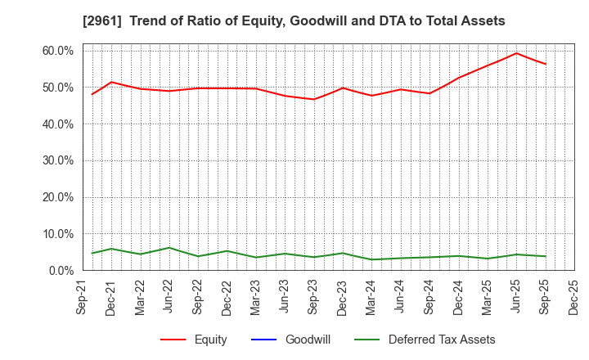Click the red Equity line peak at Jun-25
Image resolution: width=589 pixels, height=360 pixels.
(x=516, y=53)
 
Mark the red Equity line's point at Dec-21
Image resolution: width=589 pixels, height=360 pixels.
(x=111, y=82)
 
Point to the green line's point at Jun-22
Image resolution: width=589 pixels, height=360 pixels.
(x=169, y=248)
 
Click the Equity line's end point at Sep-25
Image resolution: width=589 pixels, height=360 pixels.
(x=546, y=64)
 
